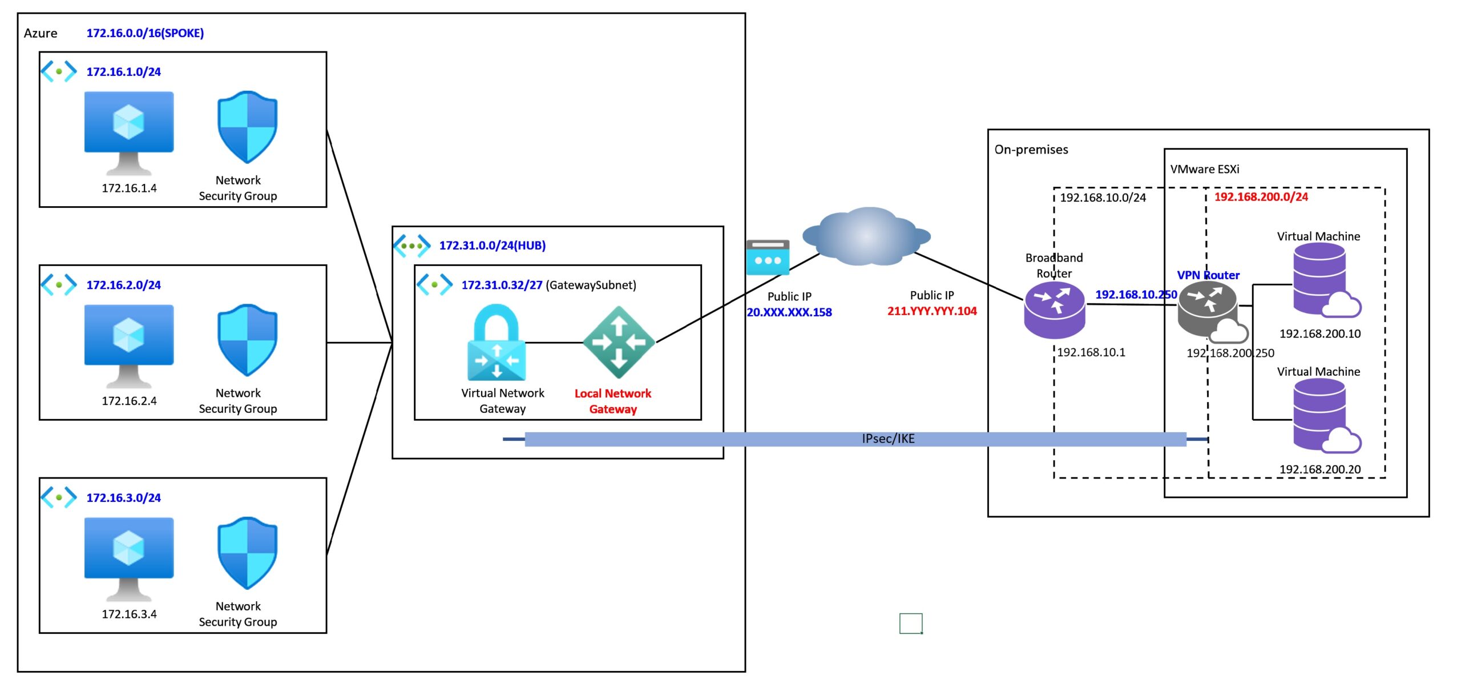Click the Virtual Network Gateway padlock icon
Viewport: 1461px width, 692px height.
tap(497, 342)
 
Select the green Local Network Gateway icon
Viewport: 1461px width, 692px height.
tap(619, 342)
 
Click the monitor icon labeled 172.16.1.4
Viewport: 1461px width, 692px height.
tap(129, 133)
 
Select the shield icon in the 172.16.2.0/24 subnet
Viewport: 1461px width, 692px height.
tap(247, 340)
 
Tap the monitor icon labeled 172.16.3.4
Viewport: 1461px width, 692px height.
tap(129, 559)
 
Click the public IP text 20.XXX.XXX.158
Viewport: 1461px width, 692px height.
tap(789, 312)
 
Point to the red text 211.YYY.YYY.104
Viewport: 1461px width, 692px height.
tap(932, 311)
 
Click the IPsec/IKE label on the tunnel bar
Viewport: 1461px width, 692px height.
tap(888, 438)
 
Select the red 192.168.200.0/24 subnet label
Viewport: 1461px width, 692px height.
tap(1261, 197)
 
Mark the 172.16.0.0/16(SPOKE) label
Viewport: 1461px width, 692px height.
tap(145, 33)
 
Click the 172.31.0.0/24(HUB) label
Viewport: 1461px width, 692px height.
tap(493, 246)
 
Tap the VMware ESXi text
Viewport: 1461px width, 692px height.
tap(1205, 169)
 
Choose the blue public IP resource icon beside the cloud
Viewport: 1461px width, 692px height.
tap(768, 257)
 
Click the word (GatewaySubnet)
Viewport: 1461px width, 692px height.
tap(591, 285)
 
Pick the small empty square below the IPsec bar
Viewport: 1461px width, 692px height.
tap(911, 623)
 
